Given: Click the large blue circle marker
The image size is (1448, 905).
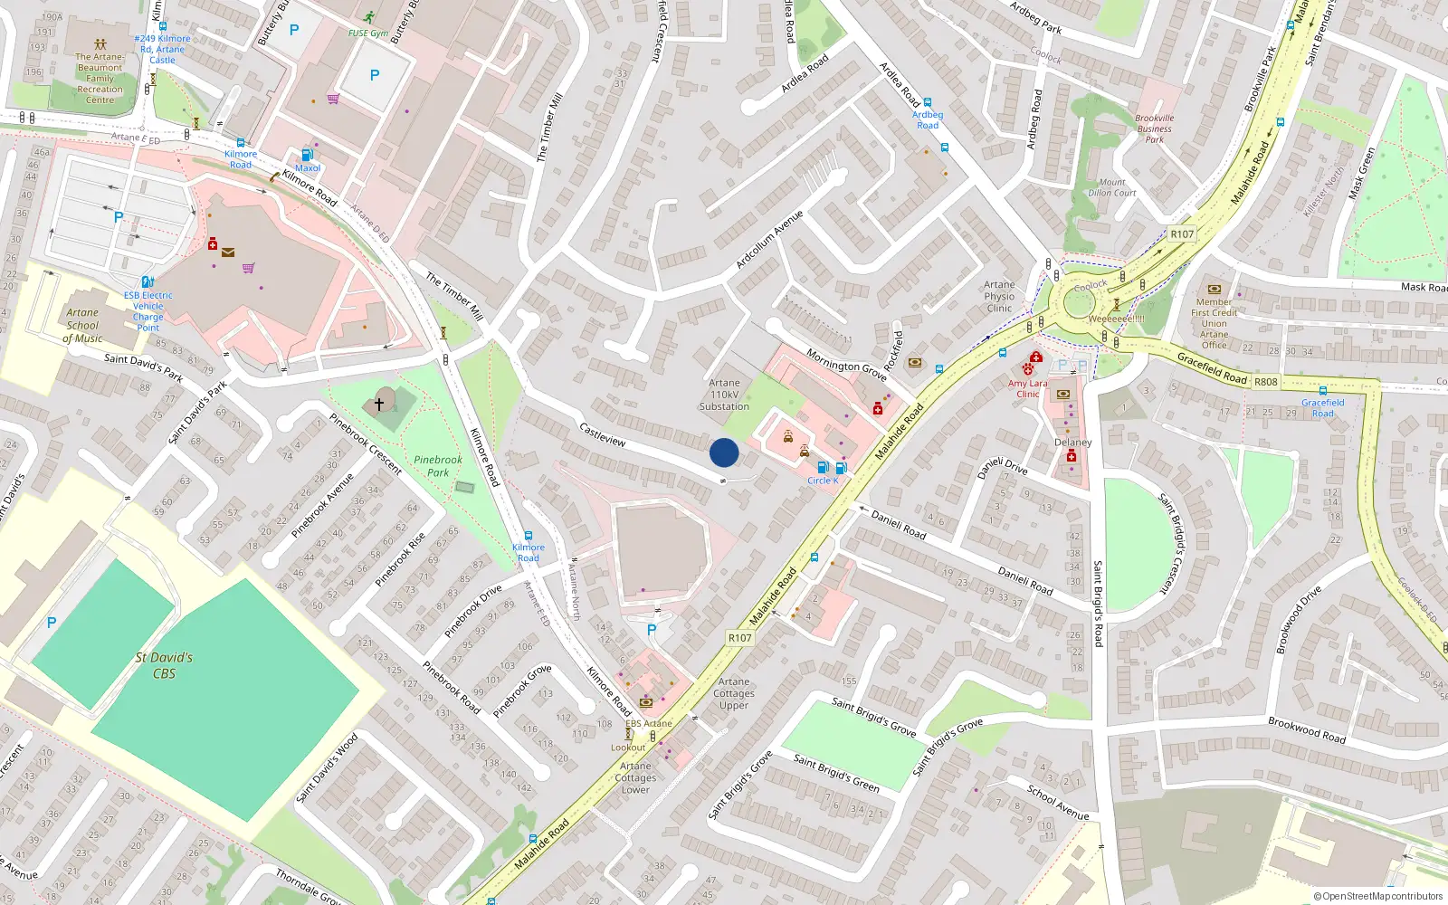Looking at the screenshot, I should click(724, 452).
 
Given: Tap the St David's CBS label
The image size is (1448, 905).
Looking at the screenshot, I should click(164, 665).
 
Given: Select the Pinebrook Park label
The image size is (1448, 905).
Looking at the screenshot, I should click(438, 466).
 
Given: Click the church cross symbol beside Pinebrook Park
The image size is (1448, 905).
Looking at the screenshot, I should click(379, 404).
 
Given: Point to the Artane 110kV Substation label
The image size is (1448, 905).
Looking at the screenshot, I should click(724, 395).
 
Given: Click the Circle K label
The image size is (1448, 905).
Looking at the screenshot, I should click(823, 481).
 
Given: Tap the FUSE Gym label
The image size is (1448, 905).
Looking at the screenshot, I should click(367, 33).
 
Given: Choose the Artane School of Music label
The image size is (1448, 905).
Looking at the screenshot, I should click(82, 326).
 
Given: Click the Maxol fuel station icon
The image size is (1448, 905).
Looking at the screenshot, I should click(307, 155).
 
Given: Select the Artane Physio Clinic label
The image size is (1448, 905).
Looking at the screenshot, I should click(999, 296).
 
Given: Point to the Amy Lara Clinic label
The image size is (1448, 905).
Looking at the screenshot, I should click(1028, 388).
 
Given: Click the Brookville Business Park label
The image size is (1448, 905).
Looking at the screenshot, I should click(1155, 129).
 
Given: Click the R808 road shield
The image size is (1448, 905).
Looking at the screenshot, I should click(1265, 382).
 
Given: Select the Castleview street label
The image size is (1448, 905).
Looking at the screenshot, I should click(602, 434).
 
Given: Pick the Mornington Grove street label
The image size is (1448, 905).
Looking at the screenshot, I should click(846, 365).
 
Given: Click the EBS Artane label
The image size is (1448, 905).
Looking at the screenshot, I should click(649, 723).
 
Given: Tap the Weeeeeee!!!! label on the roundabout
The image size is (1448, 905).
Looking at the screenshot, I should click(1116, 319).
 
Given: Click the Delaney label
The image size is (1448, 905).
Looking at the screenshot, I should click(1073, 443).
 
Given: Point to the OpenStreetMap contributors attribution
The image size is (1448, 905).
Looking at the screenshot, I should click(1378, 897).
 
